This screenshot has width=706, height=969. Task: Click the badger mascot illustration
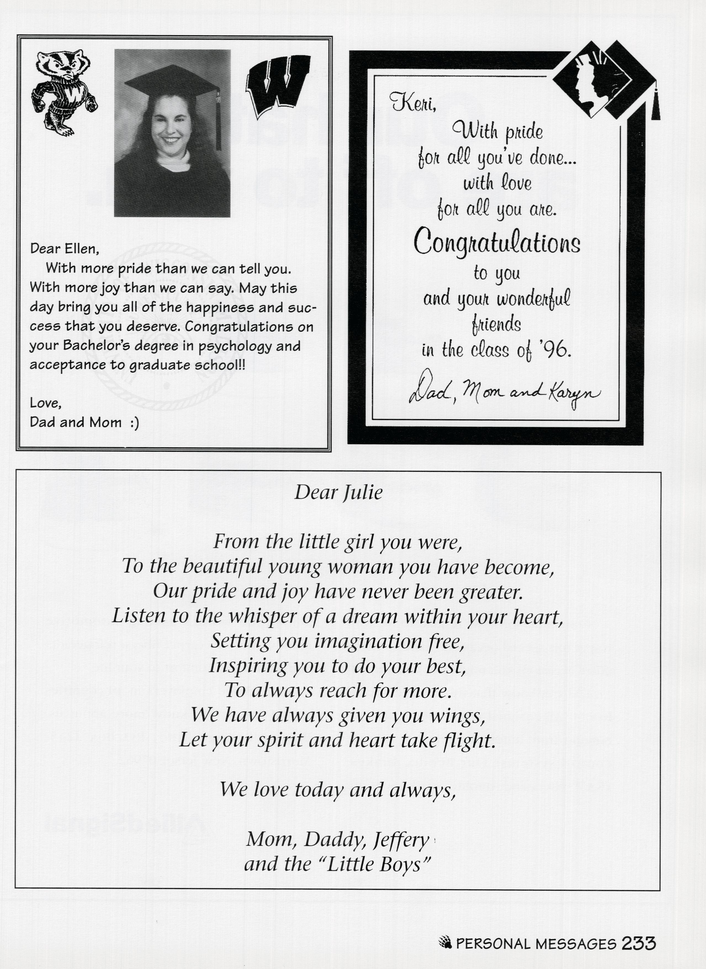point(64,93)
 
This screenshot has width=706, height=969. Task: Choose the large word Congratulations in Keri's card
point(497,242)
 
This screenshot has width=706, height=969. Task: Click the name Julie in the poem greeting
point(362,493)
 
